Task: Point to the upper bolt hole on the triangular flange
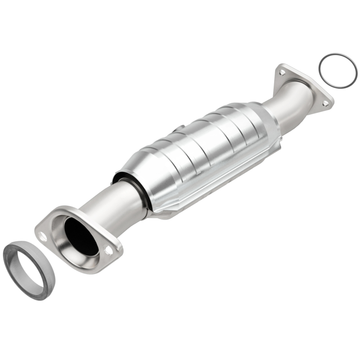[x=282, y=72]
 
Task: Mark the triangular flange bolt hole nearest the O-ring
[x=325, y=103]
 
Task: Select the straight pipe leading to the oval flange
[x=112, y=202]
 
